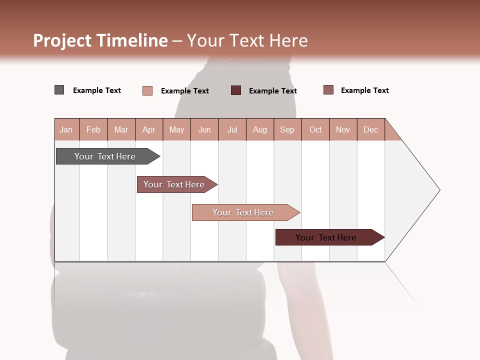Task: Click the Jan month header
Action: point(66,129)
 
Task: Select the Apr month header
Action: point(148,129)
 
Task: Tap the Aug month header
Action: point(259,129)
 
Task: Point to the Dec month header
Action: point(370,129)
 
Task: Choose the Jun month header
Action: point(204,129)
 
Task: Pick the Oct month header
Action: point(315,129)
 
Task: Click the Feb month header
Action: point(93,129)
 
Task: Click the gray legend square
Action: point(59,90)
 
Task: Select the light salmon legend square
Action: point(147,90)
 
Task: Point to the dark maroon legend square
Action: point(236,90)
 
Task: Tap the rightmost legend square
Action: point(328,90)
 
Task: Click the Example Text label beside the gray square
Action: point(97,90)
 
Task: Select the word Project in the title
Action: point(62,40)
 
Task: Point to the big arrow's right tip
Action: point(438,190)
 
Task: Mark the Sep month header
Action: point(287,129)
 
